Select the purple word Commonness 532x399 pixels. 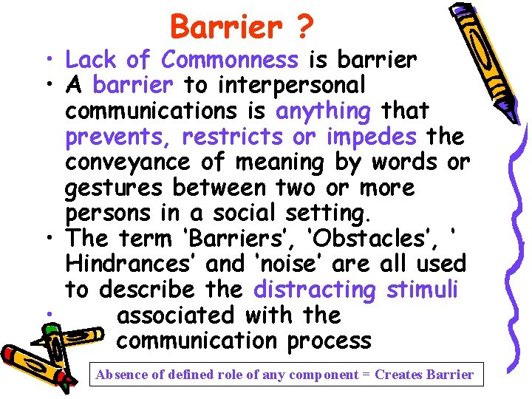(x=230, y=59)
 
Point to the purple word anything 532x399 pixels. (x=323, y=111)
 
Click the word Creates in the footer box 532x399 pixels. (x=399, y=374)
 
